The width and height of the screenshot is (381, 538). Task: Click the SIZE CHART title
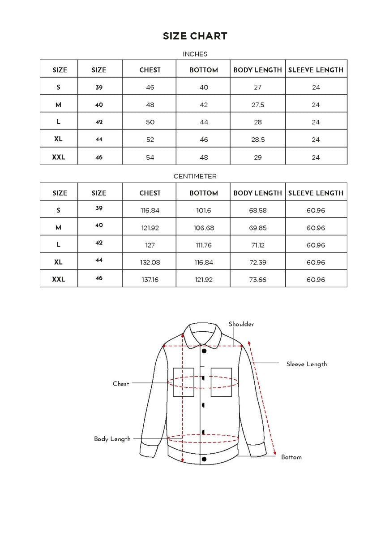click(x=195, y=36)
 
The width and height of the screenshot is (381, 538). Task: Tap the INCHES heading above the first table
click(x=195, y=54)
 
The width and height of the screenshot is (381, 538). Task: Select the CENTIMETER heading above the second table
click(x=195, y=177)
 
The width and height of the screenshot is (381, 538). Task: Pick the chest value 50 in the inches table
click(x=150, y=122)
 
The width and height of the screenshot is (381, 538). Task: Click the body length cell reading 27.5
click(x=257, y=105)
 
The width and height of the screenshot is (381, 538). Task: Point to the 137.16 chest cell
click(x=150, y=280)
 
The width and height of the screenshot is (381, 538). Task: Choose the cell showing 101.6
click(x=204, y=210)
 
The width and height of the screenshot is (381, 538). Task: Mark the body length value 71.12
click(x=257, y=245)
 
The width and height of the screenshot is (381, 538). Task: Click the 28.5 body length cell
click(x=257, y=140)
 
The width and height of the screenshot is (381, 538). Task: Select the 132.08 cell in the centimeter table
click(x=150, y=263)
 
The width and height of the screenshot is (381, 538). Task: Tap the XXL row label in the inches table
click(x=59, y=157)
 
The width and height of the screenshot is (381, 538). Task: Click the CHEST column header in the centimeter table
click(x=150, y=193)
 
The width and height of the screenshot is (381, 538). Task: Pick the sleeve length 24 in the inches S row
click(x=316, y=87)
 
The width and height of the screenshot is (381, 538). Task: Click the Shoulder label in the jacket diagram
click(x=241, y=324)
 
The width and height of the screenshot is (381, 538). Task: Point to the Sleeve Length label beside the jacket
click(x=307, y=364)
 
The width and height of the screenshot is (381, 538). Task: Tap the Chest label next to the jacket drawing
click(x=121, y=384)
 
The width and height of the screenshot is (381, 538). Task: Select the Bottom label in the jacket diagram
click(x=291, y=457)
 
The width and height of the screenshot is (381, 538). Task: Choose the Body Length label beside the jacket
click(x=112, y=439)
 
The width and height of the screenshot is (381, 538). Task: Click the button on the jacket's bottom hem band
click(x=204, y=459)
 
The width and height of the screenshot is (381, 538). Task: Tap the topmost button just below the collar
click(x=204, y=351)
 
